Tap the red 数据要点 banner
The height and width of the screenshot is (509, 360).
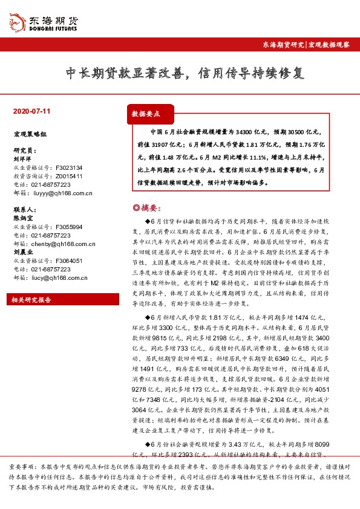[146, 114]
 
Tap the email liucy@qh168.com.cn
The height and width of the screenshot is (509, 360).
[60, 277]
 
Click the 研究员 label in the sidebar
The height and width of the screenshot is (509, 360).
[24, 151]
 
